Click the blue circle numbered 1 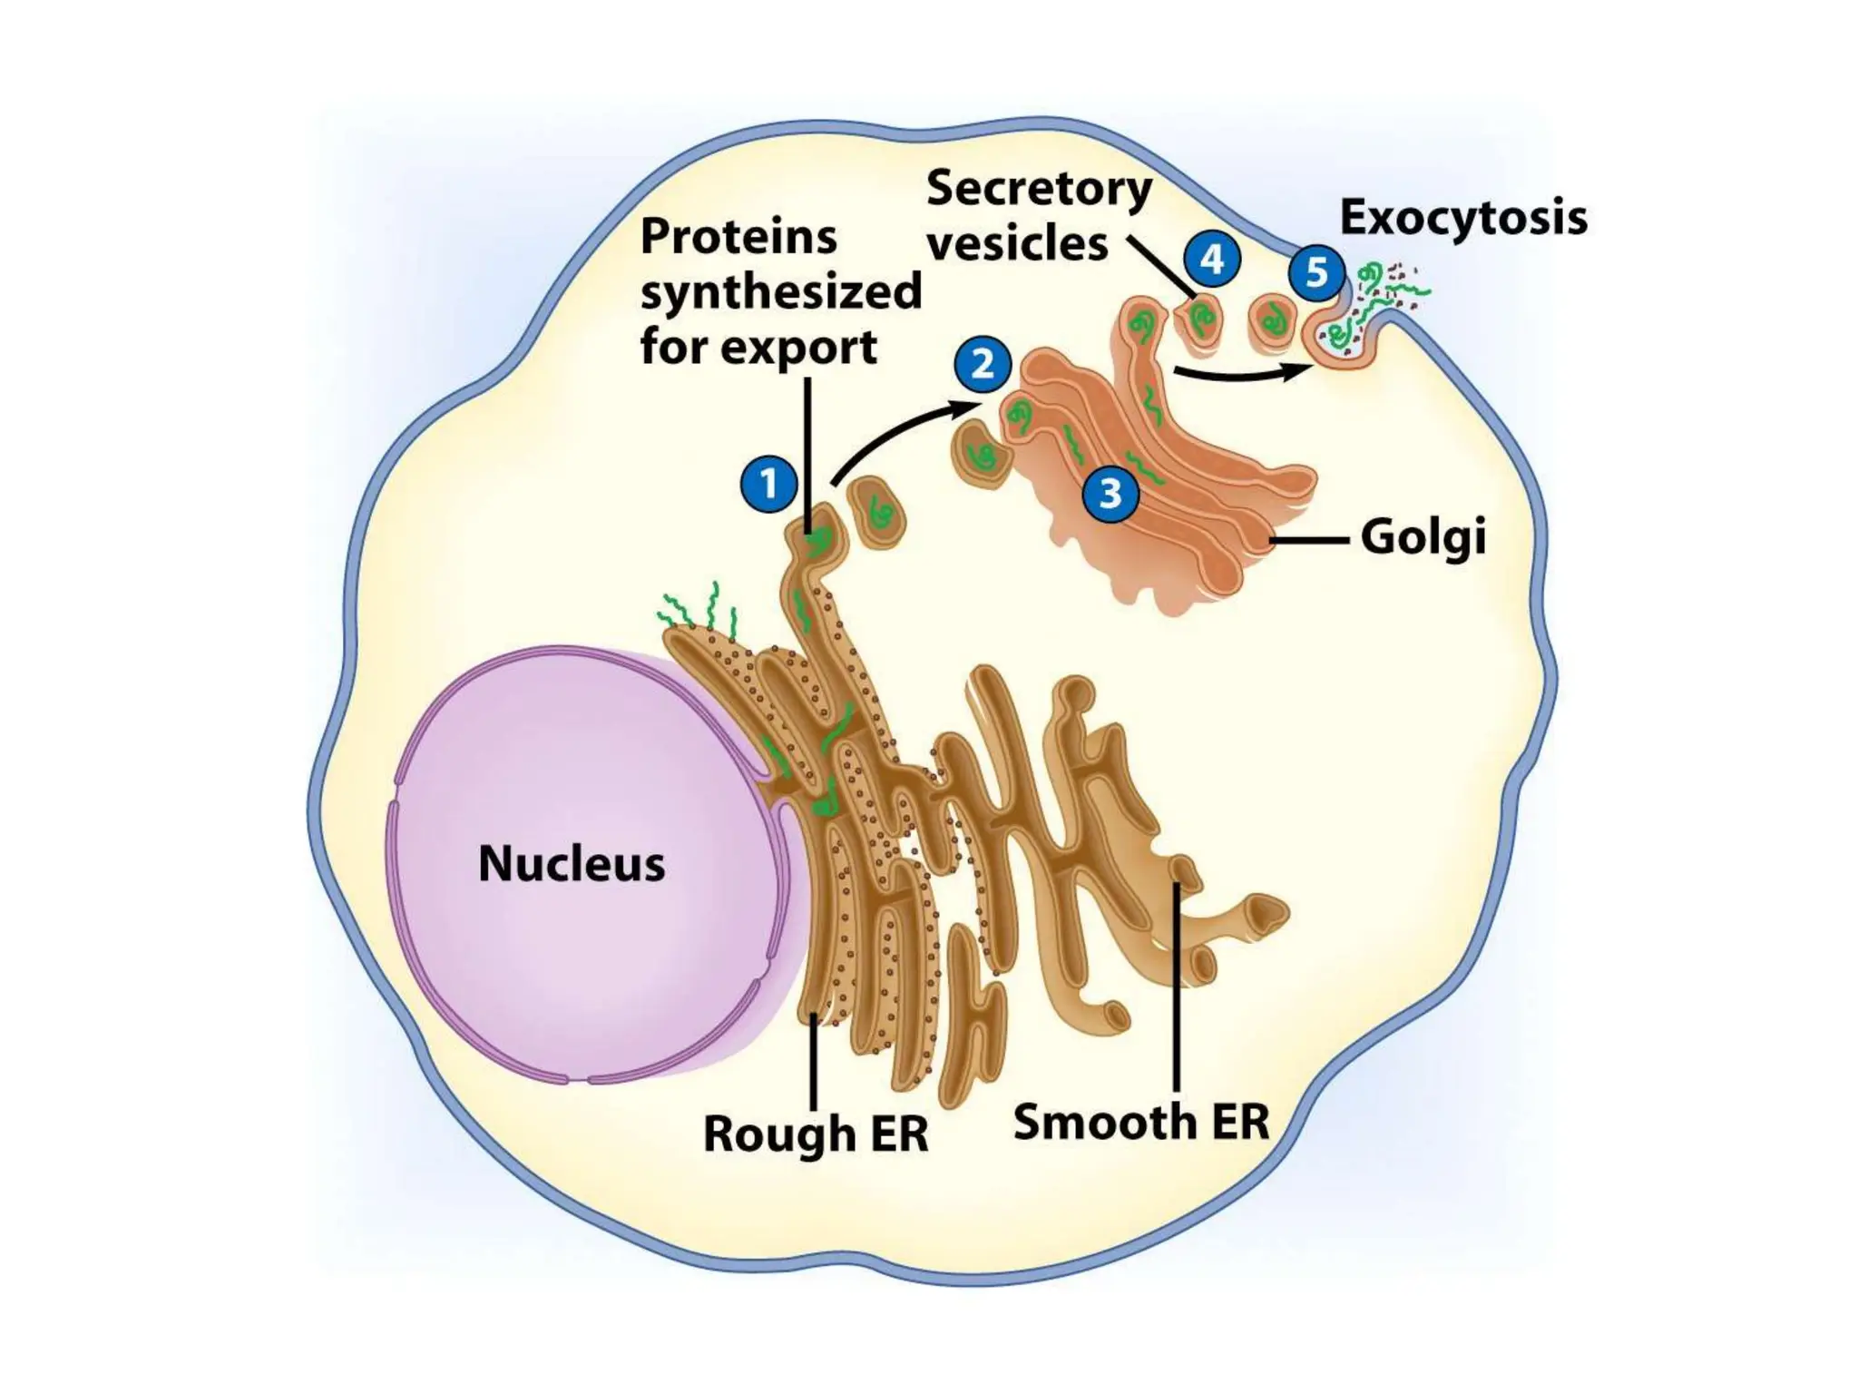(x=769, y=485)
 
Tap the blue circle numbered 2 (x=983, y=365)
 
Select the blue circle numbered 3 (x=1110, y=494)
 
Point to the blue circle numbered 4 (x=1212, y=260)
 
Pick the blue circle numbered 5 (x=1316, y=272)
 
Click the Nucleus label (x=572, y=863)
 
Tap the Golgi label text (x=1423, y=537)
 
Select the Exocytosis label (x=1463, y=218)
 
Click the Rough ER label (x=816, y=1134)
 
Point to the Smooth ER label (x=1140, y=1122)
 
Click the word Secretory (x=1039, y=189)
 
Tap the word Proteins (x=738, y=238)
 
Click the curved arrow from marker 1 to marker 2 (x=894, y=434)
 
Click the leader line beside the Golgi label (x=1307, y=540)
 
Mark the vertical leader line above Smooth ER (x=1176, y=989)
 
